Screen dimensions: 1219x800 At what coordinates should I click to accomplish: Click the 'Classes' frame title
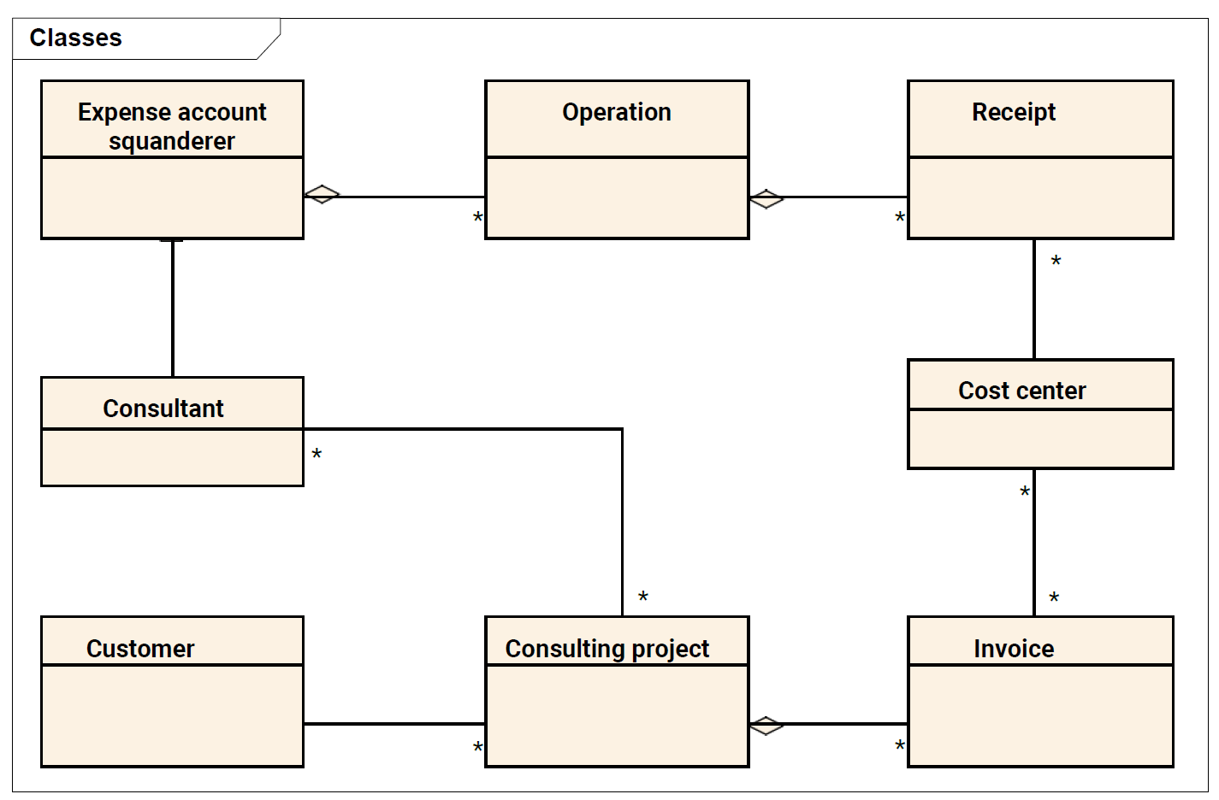point(75,38)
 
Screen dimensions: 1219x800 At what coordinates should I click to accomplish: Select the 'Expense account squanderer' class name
point(172,126)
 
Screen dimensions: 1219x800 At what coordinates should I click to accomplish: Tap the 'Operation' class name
point(617,112)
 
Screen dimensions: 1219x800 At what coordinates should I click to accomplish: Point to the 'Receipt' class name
point(1014,113)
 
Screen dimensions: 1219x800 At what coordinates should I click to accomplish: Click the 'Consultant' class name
point(163,409)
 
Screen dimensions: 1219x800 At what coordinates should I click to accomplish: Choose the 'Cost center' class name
point(1022,391)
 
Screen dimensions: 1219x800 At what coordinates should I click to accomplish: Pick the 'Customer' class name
point(140,649)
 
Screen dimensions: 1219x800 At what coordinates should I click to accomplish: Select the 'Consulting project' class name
point(607,650)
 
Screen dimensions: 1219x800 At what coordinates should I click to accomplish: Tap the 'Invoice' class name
point(1014,649)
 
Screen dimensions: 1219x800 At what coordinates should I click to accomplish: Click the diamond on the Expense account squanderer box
point(322,194)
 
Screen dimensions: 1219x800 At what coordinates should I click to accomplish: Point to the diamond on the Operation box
point(766,198)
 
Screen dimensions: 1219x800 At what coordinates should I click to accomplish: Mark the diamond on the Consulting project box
point(766,726)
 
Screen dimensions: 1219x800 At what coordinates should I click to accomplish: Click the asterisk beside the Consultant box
point(317,454)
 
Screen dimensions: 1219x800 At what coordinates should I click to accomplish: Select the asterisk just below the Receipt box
point(1056,261)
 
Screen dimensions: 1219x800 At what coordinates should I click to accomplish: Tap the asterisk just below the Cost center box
point(1025,491)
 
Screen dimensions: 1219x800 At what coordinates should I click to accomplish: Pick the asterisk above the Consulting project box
point(642,597)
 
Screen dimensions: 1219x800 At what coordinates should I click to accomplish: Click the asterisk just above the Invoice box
point(1054,597)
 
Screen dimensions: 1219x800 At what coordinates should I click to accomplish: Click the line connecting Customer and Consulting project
point(394,724)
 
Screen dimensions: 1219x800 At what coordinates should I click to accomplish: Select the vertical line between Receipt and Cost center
point(1034,299)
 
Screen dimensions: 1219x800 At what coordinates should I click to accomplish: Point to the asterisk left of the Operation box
point(478,217)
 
